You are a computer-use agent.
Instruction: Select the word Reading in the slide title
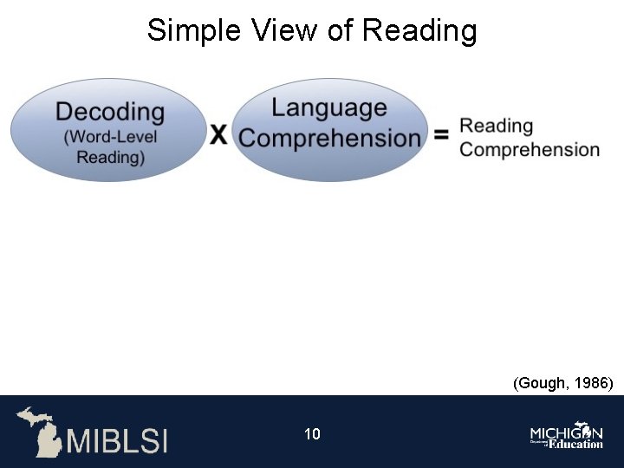pyautogui.click(x=419, y=31)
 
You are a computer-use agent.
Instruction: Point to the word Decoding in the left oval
pyautogui.click(x=109, y=112)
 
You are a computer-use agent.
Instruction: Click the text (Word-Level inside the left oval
pyautogui.click(x=110, y=137)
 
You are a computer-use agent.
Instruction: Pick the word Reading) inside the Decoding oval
pyautogui.click(x=110, y=157)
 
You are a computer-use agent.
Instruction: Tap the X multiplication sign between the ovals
pyautogui.click(x=219, y=134)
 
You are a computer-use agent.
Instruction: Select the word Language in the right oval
pyautogui.click(x=329, y=107)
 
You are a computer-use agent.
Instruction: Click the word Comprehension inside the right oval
pyautogui.click(x=329, y=138)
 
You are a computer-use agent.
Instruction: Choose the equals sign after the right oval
pyautogui.click(x=441, y=135)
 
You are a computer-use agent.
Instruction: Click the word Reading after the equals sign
pyautogui.click(x=496, y=126)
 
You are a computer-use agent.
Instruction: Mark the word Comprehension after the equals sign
pyautogui.click(x=530, y=149)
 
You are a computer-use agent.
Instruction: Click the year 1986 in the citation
pyautogui.click(x=595, y=382)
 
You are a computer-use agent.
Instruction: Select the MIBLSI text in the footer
pyautogui.click(x=117, y=439)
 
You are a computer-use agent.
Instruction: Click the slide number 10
pyautogui.click(x=312, y=433)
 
